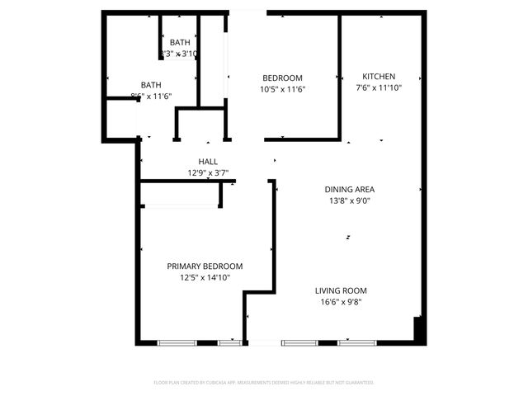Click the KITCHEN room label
click(x=379, y=76)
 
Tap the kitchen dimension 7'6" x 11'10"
click(x=379, y=87)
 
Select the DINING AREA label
click(x=349, y=189)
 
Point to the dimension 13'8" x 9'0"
click(x=349, y=200)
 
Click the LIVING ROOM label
click(x=341, y=290)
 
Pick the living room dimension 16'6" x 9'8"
click(x=341, y=302)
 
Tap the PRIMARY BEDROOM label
click(x=205, y=266)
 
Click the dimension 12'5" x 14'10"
click(x=205, y=278)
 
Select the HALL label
click(x=208, y=162)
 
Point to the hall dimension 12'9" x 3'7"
click(x=208, y=173)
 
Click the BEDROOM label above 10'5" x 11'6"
click(x=282, y=78)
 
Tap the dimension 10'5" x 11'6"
click(x=282, y=89)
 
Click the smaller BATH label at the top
click(x=180, y=42)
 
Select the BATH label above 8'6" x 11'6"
click(x=151, y=84)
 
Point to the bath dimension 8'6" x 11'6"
click(x=151, y=97)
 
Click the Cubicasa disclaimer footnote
click(x=264, y=383)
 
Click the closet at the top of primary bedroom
click(x=181, y=194)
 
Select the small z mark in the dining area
click(x=348, y=238)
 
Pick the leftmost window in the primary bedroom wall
click(x=177, y=342)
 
